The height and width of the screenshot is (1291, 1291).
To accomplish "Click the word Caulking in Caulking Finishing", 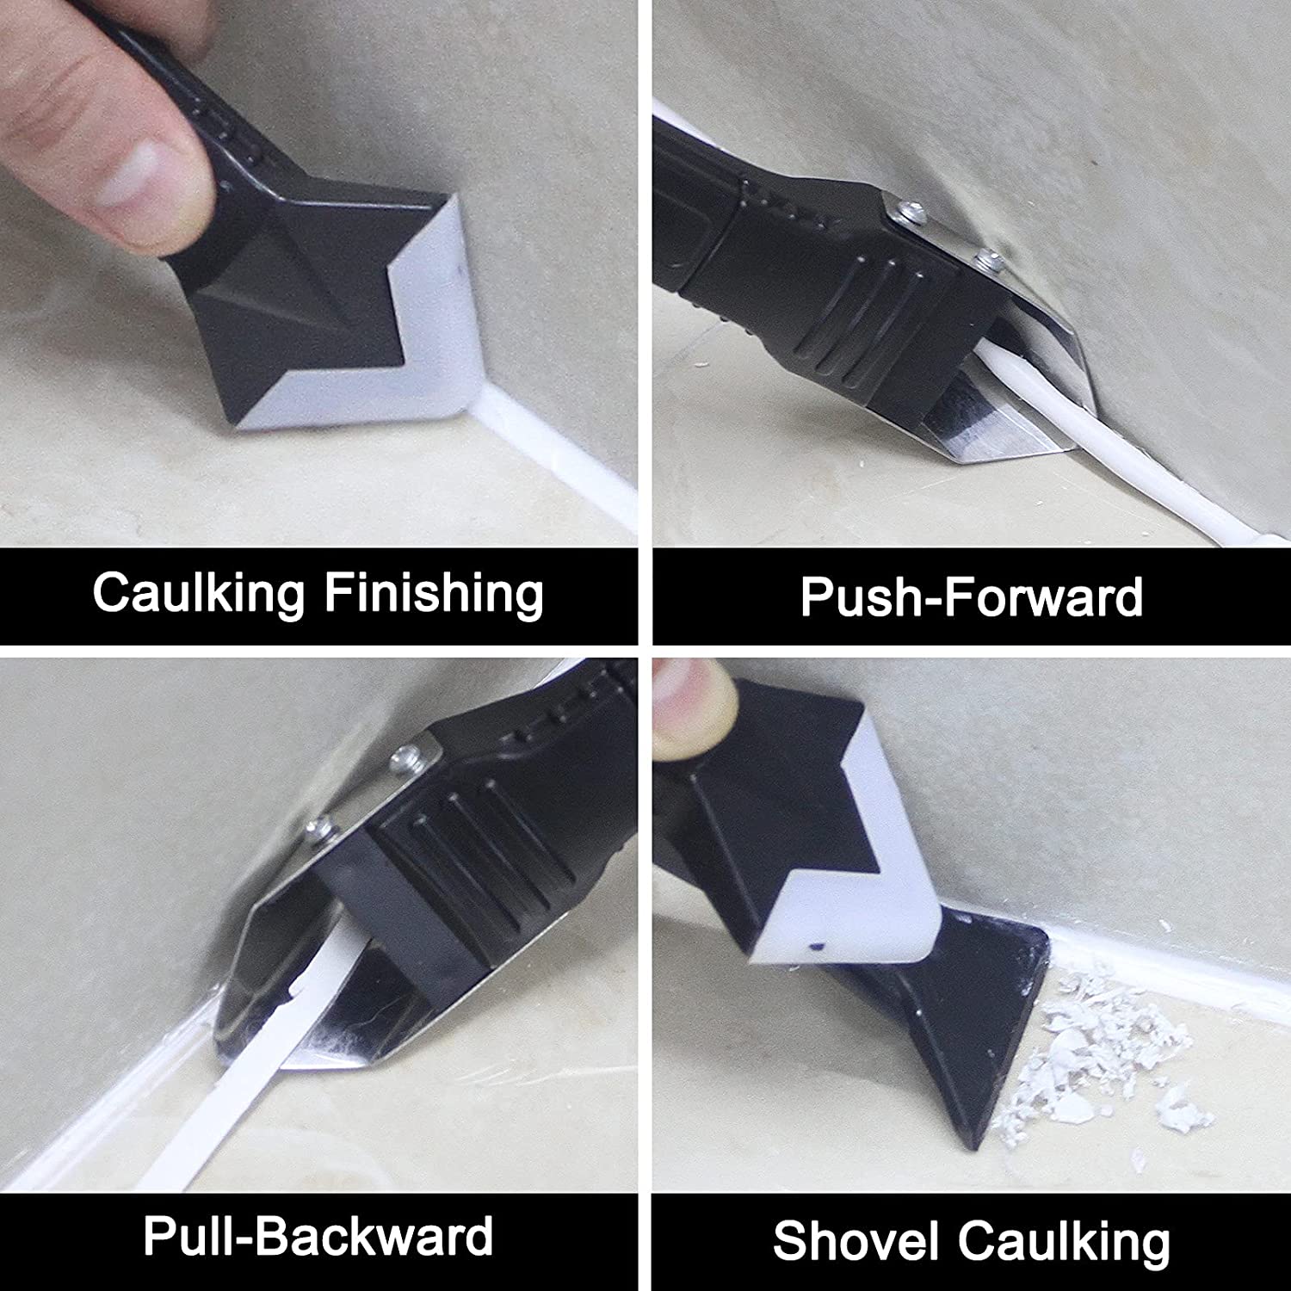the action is tap(199, 594).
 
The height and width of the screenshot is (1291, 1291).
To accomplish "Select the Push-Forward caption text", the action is tap(972, 596).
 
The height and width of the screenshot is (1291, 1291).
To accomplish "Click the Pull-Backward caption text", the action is tap(318, 1236).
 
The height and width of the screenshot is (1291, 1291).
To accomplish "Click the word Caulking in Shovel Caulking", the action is tap(1064, 1241).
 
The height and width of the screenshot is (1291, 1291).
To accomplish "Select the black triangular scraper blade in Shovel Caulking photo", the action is tap(973, 1016).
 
